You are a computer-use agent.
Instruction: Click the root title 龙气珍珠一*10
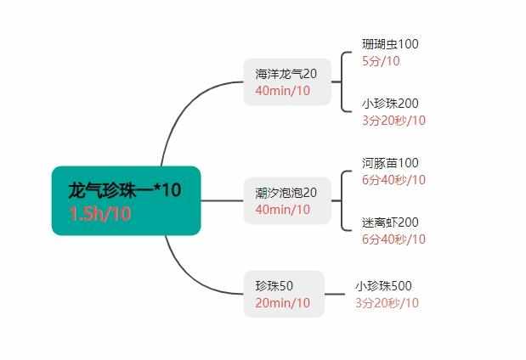(x=125, y=190)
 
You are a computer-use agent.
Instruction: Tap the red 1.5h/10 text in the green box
(x=99, y=214)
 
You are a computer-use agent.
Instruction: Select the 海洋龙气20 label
(x=286, y=74)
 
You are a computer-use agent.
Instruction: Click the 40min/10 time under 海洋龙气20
(x=282, y=91)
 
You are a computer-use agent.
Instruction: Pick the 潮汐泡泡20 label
(x=286, y=193)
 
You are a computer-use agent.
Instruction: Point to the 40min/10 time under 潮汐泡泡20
(x=282, y=210)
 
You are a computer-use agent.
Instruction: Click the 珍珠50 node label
(x=274, y=286)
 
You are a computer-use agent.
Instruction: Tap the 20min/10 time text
(x=282, y=303)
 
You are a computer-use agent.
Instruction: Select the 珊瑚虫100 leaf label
(x=390, y=44)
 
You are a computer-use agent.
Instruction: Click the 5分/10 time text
(x=381, y=61)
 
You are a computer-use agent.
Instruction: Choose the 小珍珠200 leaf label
(x=390, y=104)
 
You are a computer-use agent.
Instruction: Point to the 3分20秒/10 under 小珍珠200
(x=393, y=121)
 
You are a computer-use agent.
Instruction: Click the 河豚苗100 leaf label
(x=390, y=163)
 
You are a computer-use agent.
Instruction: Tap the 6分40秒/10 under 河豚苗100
(x=393, y=180)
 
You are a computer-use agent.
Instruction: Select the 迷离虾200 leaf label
(x=390, y=222)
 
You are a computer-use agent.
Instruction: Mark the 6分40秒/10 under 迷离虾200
(x=393, y=239)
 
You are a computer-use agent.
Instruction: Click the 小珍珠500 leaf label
(x=383, y=286)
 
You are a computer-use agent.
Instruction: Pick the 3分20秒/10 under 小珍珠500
(x=387, y=303)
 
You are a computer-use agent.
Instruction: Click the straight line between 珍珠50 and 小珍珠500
(x=335, y=295)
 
